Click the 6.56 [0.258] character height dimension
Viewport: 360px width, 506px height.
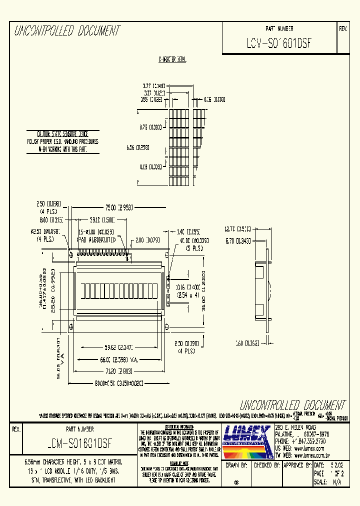point(138,148)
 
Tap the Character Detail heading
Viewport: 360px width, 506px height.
point(172,59)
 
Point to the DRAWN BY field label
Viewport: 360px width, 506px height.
point(236,464)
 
